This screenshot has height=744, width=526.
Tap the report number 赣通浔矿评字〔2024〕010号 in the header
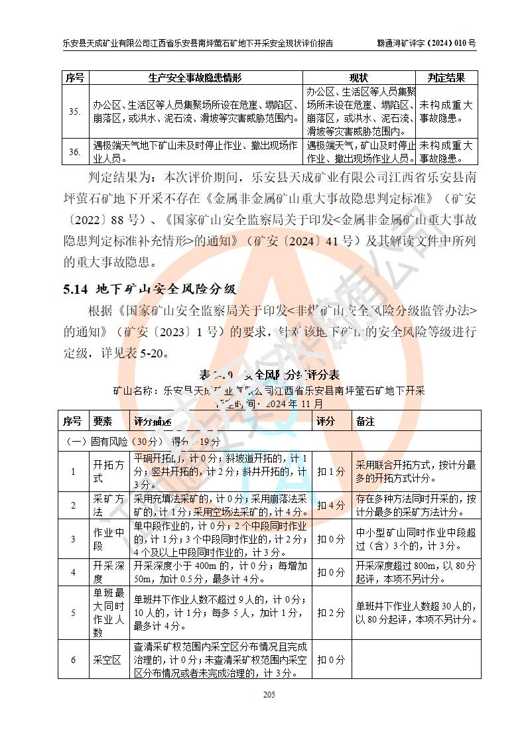click(425, 43)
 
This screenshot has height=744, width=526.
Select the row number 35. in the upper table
click(75, 111)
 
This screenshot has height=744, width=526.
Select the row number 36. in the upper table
click(75, 152)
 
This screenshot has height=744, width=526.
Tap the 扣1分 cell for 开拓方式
click(330, 471)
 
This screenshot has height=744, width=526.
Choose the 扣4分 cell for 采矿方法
click(330, 505)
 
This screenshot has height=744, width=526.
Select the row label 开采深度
click(107, 572)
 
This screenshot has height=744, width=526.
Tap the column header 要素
click(103, 421)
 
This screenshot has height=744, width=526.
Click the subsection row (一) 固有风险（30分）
click(143, 441)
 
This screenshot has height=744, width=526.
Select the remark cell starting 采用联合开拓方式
click(416, 471)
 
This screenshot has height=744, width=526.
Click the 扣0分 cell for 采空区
click(330, 660)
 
